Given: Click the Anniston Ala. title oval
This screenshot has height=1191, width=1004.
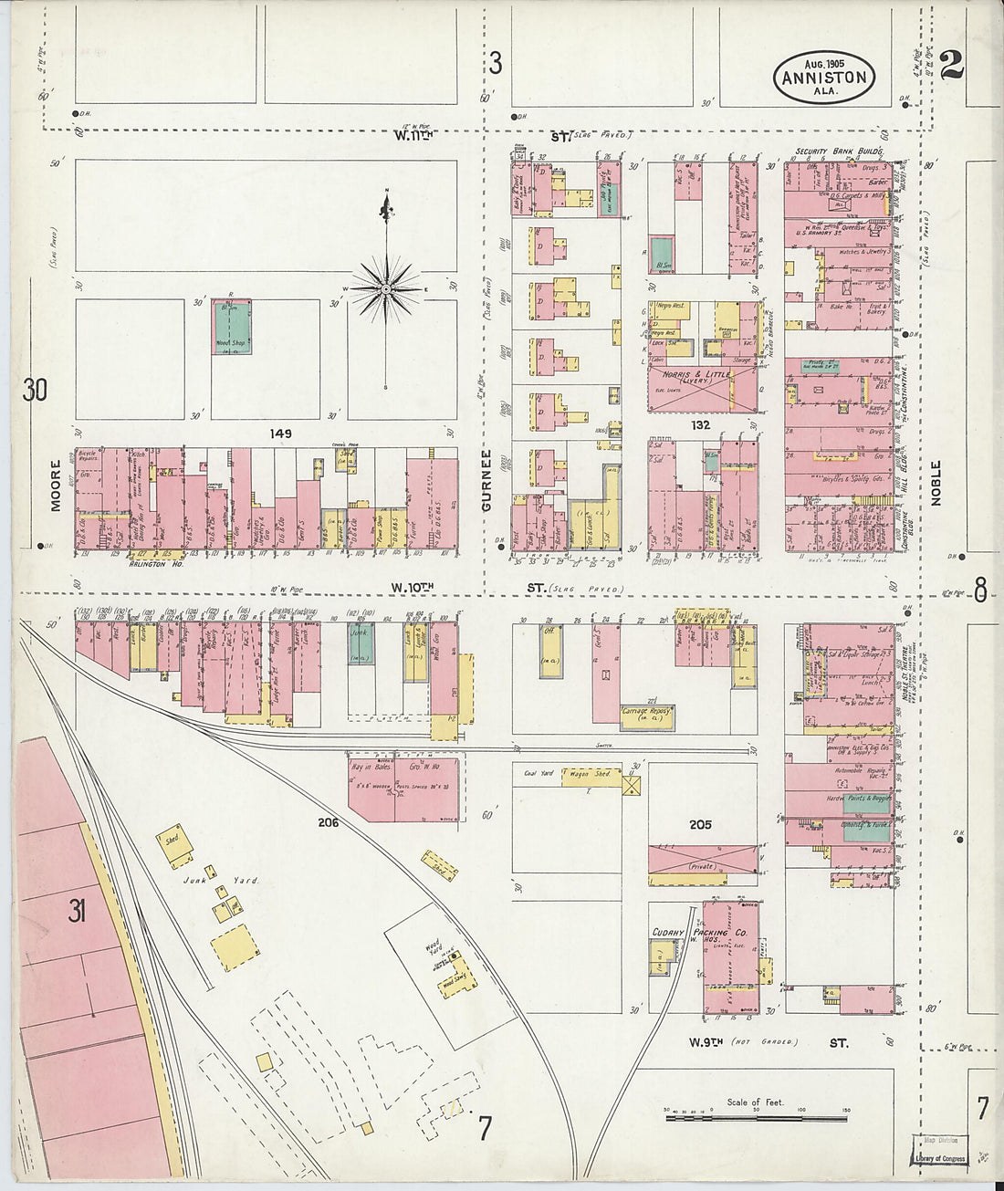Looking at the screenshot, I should [824, 77].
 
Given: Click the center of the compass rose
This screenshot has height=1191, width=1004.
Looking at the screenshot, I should [387, 289].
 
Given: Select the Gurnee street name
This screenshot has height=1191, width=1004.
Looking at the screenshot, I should [487, 480].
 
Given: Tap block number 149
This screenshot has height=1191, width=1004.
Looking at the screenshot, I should [280, 434].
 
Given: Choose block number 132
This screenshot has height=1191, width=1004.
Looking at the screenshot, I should [701, 424].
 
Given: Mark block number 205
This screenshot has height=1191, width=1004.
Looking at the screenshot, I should [700, 824].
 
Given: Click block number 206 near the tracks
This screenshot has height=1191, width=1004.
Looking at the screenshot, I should [329, 822].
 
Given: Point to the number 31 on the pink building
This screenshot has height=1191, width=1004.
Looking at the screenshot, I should [76, 911].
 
